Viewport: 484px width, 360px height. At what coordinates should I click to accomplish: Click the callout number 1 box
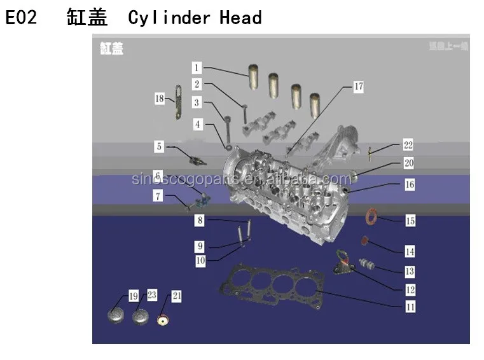click(197, 67)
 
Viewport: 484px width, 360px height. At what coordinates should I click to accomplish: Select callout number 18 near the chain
click(160, 98)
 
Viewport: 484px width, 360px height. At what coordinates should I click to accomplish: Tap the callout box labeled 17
click(358, 87)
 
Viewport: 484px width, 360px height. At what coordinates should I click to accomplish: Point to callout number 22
click(408, 146)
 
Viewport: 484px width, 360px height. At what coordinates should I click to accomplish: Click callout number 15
click(410, 221)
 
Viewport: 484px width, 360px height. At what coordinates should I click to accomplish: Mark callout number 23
click(152, 295)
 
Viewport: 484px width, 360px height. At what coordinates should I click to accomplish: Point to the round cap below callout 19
click(118, 316)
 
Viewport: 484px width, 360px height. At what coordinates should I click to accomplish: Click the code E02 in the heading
click(21, 17)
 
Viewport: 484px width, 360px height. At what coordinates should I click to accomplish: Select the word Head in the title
click(240, 17)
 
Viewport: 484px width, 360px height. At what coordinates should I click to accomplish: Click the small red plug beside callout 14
click(365, 240)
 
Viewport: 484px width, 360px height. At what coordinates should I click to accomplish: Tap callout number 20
click(408, 164)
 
